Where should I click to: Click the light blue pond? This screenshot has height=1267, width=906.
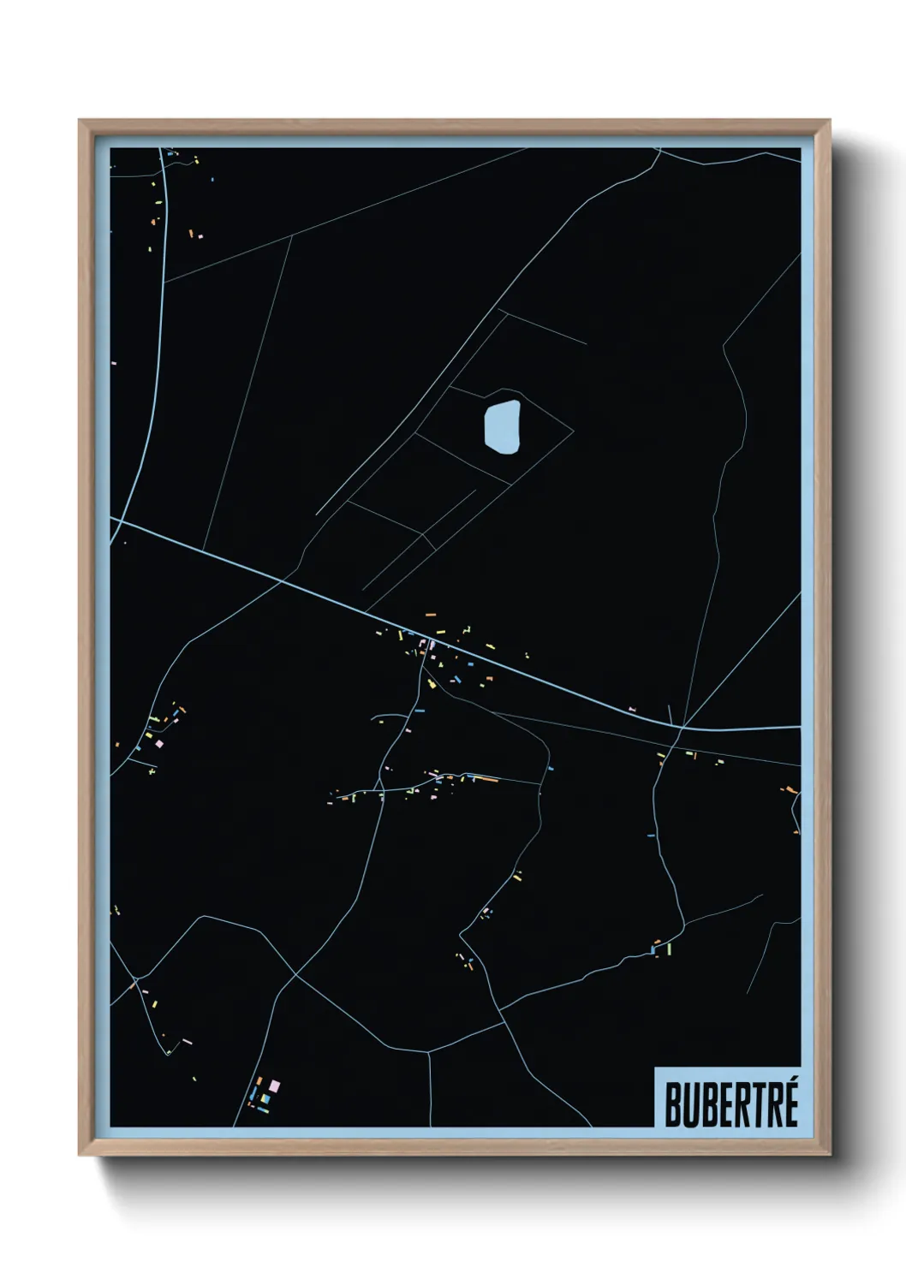pyautogui.click(x=503, y=426)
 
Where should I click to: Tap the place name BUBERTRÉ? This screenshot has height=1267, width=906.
pyautogui.click(x=730, y=1104)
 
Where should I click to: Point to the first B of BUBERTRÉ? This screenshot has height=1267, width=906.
pyautogui.click(x=673, y=1105)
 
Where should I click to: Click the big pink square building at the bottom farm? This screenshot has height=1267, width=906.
pyautogui.click(x=274, y=1086)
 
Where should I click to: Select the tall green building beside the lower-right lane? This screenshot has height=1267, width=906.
pyautogui.click(x=668, y=949)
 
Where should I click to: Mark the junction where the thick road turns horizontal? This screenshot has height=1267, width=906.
pyautogui.click(x=681, y=728)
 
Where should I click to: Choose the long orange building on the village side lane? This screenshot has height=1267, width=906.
pyautogui.click(x=487, y=779)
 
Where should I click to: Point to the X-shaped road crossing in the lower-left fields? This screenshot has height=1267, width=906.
pyautogui.click(x=295, y=973)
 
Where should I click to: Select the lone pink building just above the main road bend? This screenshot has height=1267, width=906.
pyautogui.click(x=632, y=709)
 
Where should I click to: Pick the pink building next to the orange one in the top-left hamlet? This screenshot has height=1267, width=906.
pyautogui.click(x=200, y=235)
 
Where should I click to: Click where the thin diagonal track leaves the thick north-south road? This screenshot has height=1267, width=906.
pyautogui.click(x=164, y=282)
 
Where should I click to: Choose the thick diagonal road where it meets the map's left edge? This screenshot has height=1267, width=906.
pyautogui.click(x=112, y=518)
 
